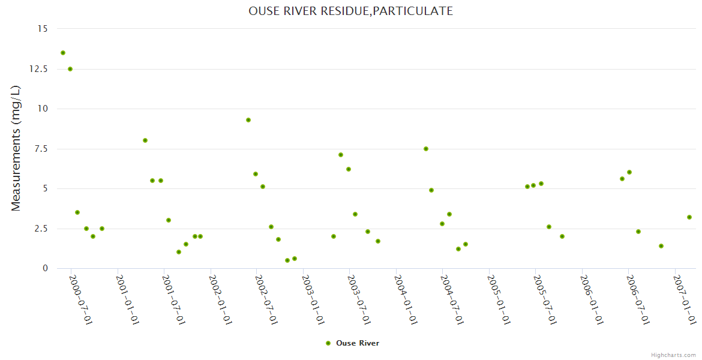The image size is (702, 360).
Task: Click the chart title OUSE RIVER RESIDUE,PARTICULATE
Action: (x=350, y=11)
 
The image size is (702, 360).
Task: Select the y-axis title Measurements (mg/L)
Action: (x=16, y=148)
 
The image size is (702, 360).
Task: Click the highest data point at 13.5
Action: (x=63, y=53)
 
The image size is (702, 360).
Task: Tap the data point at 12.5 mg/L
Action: (x=70, y=69)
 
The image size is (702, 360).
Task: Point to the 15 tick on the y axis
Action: (x=42, y=29)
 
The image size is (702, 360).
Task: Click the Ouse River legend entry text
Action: (x=358, y=343)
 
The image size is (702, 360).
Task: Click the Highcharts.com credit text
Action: (x=673, y=355)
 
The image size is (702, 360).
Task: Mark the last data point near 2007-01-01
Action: (x=689, y=217)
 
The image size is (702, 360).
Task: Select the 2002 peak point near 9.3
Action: (x=248, y=120)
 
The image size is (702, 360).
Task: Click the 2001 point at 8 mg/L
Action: (x=145, y=140)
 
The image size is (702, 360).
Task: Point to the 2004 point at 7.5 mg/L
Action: (x=426, y=149)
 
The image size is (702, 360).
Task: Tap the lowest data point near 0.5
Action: (x=287, y=260)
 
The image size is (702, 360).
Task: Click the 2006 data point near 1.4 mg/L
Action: (x=661, y=246)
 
